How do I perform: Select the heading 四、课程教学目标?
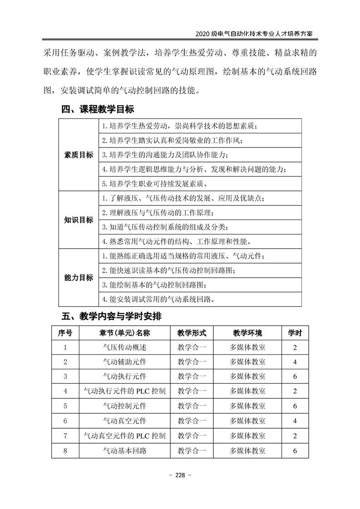(97, 110)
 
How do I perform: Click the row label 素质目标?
(78, 155)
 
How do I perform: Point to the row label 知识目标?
(78, 220)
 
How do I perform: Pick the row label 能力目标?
(78, 278)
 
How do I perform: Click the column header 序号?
(65, 333)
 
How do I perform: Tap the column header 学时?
(295, 333)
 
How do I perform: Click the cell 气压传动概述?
(124, 347)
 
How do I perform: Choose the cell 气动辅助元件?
(124, 362)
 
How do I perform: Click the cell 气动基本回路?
(124, 450)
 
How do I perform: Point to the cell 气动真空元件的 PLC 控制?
(124, 436)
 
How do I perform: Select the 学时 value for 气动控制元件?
(295, 406)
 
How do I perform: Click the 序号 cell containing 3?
(65, 377)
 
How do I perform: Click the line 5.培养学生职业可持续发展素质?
(155, 184)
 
